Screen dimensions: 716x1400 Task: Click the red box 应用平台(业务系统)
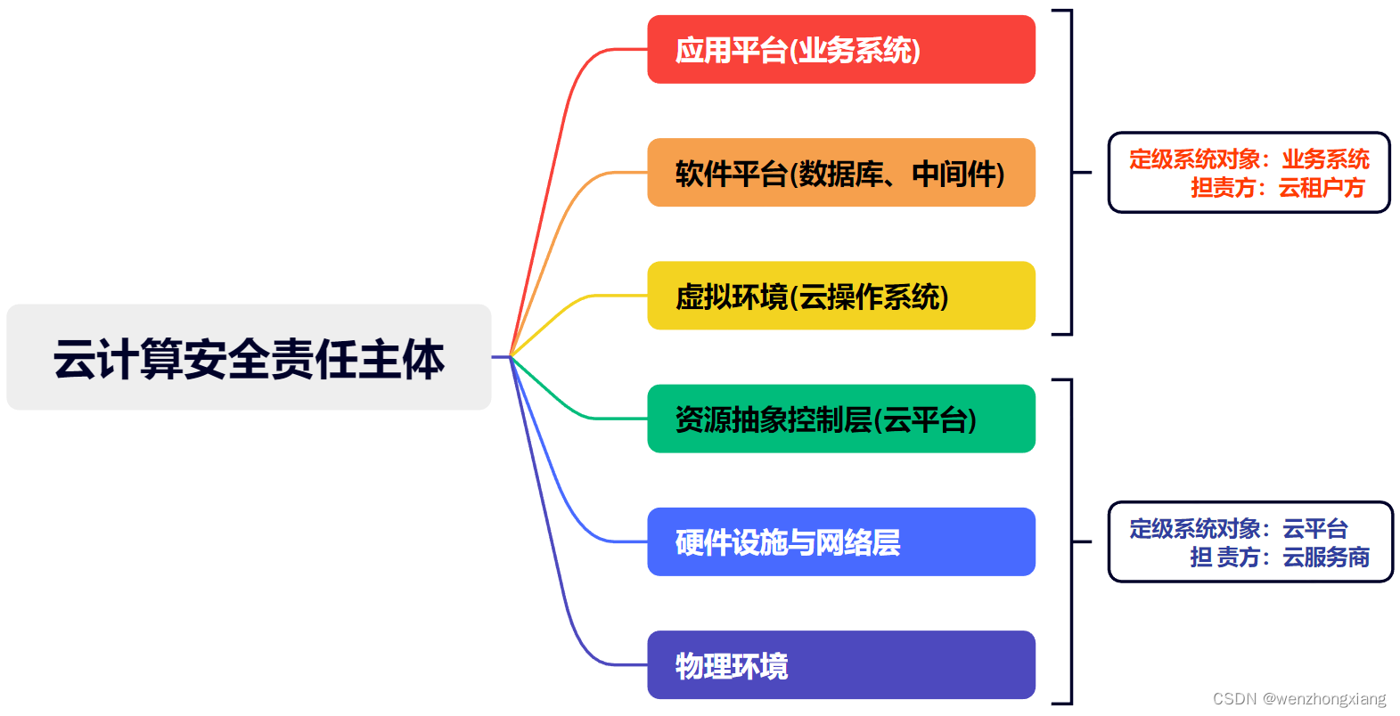840,50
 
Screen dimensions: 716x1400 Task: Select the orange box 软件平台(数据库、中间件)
840,173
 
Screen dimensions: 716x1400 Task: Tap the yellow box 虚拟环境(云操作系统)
840,296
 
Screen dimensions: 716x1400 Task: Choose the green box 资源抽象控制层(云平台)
840,419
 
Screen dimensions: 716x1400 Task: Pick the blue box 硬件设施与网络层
840,541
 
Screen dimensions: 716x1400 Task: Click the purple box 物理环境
840,665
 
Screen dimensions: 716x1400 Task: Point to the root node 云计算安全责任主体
249,357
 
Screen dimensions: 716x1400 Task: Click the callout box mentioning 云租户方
1249,173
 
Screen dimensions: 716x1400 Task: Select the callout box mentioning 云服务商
1249,541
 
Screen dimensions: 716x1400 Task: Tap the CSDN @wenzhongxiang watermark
1299,699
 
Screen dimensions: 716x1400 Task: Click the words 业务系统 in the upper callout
1325,159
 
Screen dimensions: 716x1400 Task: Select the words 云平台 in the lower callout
1314,529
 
